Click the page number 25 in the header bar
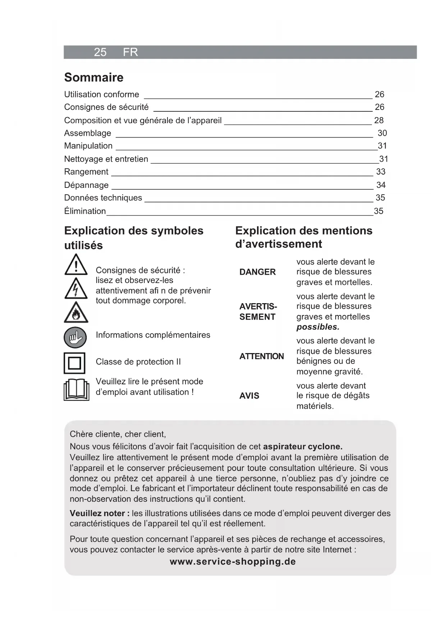[x=100, y=52]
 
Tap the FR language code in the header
[x=130, y=52]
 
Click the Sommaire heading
[x=94, y=78]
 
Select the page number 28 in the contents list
[x=379, y=120]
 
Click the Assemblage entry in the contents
[x=88, y=133]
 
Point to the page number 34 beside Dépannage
[x=381, y=185]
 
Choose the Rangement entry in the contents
[x=86, y=172]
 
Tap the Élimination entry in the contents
[x=85, y=211]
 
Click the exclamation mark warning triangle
[x=76, y=265]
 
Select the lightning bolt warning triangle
[x=76, y=289]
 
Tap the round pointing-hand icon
[x=75, y=337]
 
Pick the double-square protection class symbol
[x=74, y=363]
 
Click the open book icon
[x=76, y=390]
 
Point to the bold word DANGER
[x=257, y=272]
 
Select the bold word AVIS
[x=249, y=396]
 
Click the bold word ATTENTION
[x=261, y=356]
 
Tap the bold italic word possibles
[x=318, y=327]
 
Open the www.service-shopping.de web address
[x=233, y=562]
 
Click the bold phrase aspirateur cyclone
[x=303, y=447]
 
